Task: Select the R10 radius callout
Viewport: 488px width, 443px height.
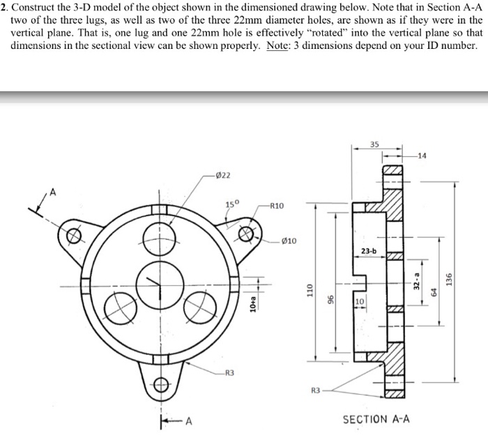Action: click(x=276, y=207)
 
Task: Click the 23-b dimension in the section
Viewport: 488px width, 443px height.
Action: click(x=368, y=250)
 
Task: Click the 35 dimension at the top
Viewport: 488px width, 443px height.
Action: click(x=375, y=145)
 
